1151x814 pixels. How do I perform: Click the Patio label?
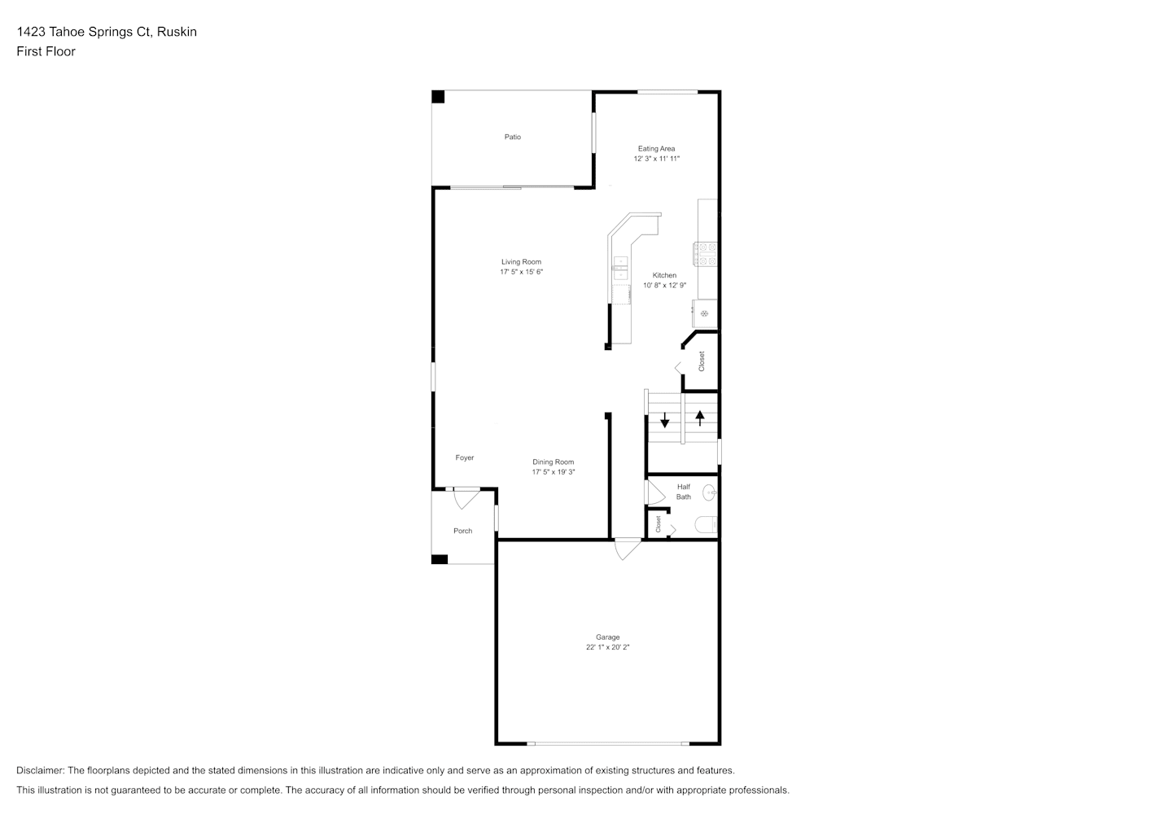click(512, 137)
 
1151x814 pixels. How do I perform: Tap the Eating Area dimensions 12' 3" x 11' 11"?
click(656, 159)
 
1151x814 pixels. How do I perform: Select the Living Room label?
click(521, 261)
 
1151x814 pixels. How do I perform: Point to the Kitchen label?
click(664, 275)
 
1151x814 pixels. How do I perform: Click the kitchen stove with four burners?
click(705, 254)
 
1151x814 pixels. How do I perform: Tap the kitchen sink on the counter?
click(621, 268)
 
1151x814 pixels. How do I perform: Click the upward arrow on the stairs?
click(700, 418)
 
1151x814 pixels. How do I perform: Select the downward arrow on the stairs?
click(665, 420)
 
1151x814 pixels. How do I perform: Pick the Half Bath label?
click(684, 492)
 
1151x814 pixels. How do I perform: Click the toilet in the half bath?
click(706, 525)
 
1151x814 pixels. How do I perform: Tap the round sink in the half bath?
click(710, 492)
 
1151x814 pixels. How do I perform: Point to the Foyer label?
click(465, 457)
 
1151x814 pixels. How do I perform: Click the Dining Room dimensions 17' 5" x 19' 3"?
click(554, 472)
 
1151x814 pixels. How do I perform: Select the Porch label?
click(462, 531)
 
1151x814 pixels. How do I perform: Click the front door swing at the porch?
click(466, 498)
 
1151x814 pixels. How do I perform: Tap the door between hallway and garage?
click(628, 549)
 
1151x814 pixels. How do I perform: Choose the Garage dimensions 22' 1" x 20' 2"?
click(608, 647)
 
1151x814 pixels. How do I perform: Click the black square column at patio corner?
click(438, 97)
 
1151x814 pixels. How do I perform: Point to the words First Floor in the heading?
click(46, 51)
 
